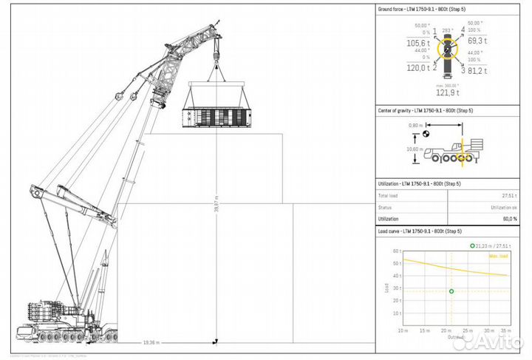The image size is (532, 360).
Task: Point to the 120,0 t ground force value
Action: coord(417,68)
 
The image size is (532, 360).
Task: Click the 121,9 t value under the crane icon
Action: coord(446,92)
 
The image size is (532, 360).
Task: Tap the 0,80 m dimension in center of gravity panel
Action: coord(415,126)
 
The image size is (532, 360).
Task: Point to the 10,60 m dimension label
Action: coord(415,149)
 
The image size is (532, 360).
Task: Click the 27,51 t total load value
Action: coord(508,196)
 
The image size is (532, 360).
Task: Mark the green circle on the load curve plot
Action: coord(451,291)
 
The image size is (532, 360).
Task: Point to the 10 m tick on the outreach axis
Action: coord(402,330)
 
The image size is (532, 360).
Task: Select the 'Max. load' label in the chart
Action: coord(499,256)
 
